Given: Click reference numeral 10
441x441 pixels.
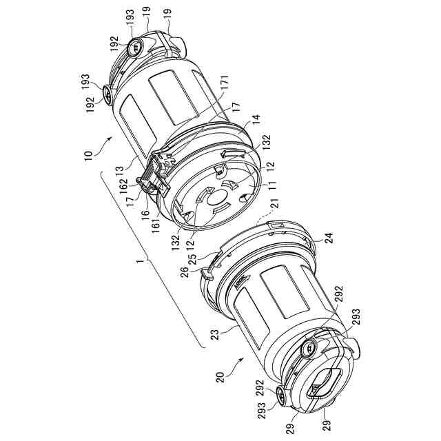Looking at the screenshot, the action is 88,153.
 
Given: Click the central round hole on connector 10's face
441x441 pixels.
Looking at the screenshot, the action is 220,203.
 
